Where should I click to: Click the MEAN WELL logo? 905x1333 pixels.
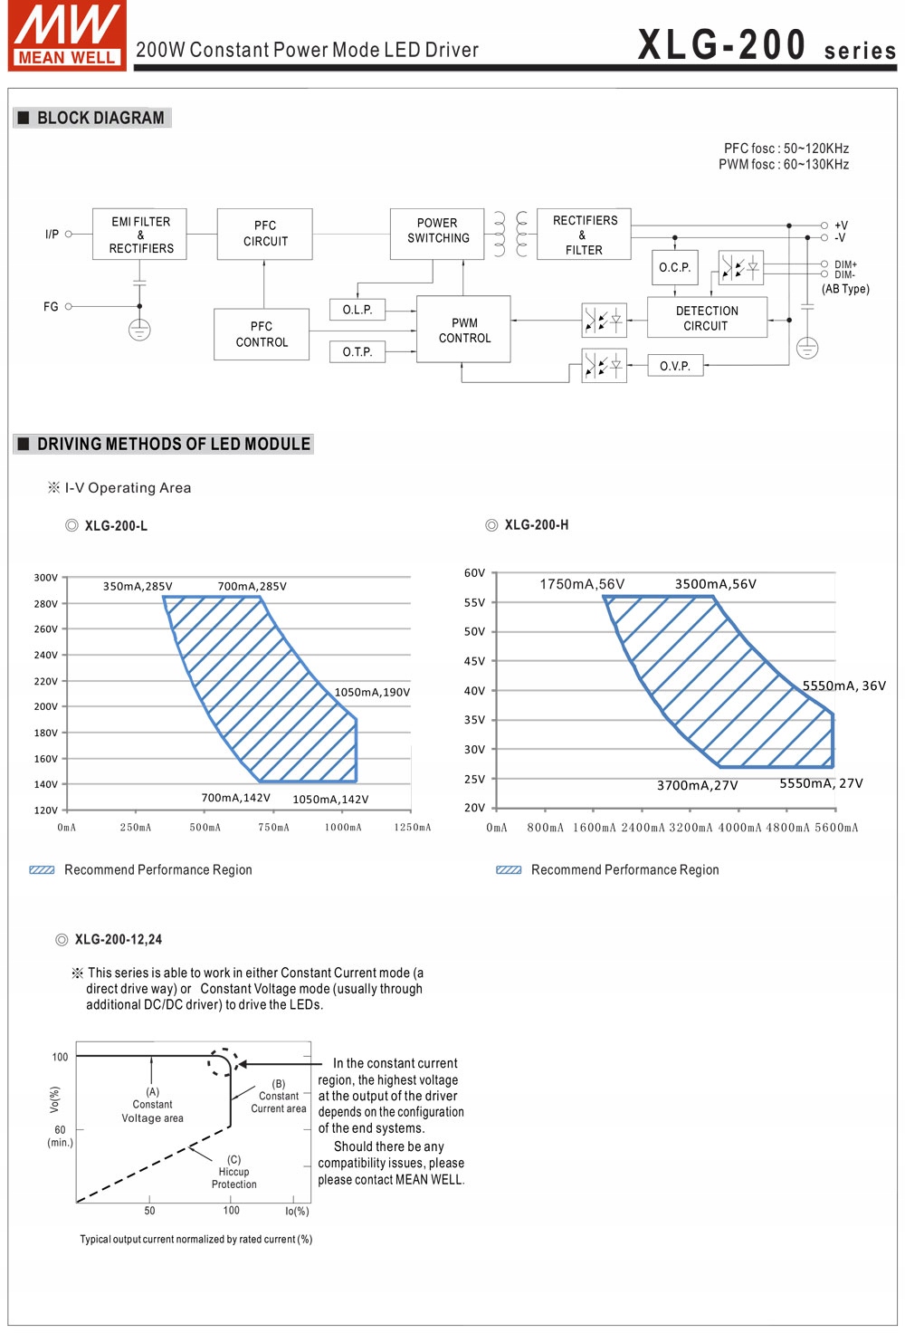pos(66,35)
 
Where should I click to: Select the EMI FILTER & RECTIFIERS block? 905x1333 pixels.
pos(139,235)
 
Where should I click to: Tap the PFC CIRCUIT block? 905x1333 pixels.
pos(264,234)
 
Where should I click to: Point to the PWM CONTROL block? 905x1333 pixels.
pos(463,330)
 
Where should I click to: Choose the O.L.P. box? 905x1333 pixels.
pos(357,310)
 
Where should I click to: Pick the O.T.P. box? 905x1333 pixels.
pos(357,351)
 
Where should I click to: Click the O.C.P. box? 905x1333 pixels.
pos(674,267)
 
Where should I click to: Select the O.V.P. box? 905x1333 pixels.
pos(675,366)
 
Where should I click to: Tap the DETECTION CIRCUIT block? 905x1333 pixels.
pos(707,318)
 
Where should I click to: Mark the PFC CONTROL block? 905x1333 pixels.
pos(262,334)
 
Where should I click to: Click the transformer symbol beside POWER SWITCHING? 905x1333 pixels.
pos(510,235)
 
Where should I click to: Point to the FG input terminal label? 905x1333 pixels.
pos(51,307)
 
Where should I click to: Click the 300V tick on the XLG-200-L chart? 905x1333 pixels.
pos(45,578)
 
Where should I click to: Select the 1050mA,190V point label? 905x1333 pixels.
pos(372,693)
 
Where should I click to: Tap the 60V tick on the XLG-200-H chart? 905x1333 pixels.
pos(474,573)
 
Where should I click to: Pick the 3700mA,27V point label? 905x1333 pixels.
pos(697,785)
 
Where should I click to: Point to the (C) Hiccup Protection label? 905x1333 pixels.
pos(233,1172)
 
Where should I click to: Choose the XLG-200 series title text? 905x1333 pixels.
pos(767,45)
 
